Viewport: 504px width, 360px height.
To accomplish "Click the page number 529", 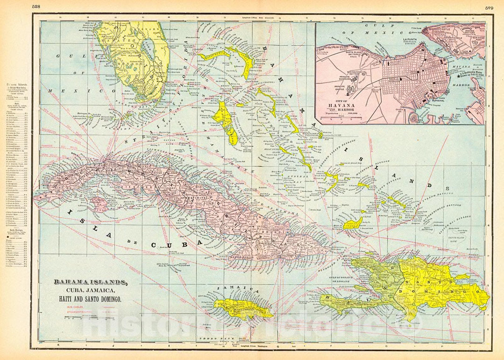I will coord(490,7).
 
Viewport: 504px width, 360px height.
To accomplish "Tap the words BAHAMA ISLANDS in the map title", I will coord(90,283).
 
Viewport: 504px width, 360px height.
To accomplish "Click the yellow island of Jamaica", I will coord(243,308).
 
